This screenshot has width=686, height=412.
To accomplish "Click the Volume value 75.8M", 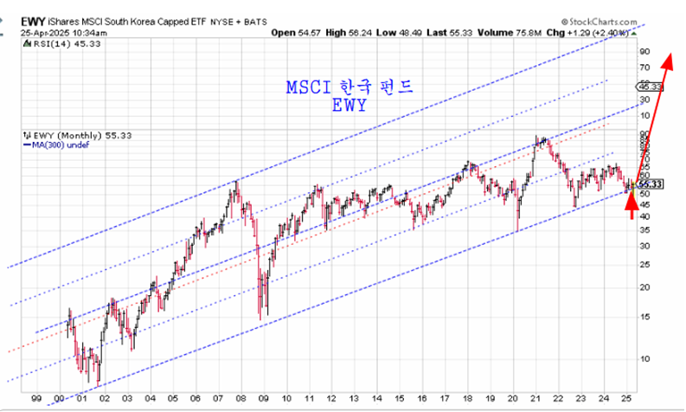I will pyautogui.click(x=510, y=34).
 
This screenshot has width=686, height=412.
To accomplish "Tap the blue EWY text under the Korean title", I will pyautogui.click(x=349, y=106).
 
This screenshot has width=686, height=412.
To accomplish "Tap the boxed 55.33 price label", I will pyautogui.click(x=651, y=184).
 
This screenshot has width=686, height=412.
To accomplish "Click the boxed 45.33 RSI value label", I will pyautogui.click(x=650, y=87).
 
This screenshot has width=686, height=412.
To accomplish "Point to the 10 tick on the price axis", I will pyautogui.click(x=644, y=357).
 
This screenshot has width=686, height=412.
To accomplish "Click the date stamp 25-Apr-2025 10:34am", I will pyautogui.click(x=53, y=34).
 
